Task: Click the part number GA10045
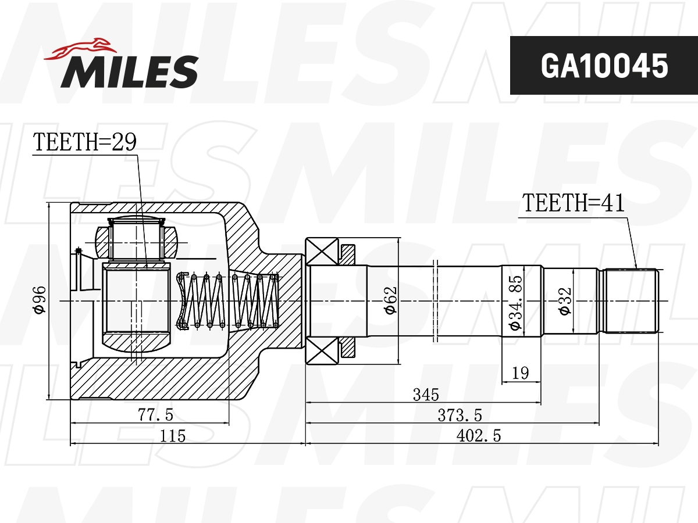point(604,66)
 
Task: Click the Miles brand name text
point(130,71)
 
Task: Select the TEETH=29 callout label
point(84,142)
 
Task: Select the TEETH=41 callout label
point(573,203)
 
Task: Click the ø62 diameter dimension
point(390,300)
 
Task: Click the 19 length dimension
point(521,373)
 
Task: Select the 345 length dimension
point(426,395)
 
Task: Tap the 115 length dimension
point(173,435)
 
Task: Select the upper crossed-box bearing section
point(322,252)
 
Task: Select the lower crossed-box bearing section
point(322,351)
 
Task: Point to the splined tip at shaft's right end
point(631,300)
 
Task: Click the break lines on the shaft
point(435,300)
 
